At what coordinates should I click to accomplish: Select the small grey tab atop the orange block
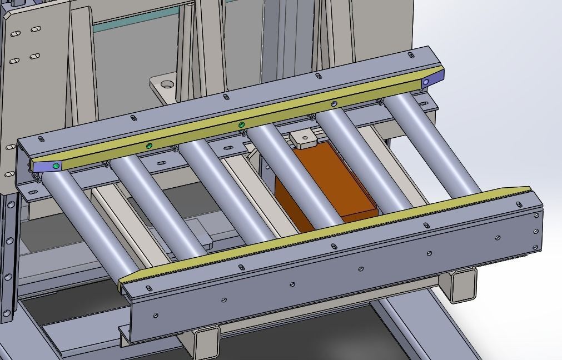coord(302,139)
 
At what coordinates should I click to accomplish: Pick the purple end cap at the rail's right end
coord(432,79)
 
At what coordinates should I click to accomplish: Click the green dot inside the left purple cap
coord(56,165)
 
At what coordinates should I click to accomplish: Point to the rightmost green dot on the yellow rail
coord(242,124)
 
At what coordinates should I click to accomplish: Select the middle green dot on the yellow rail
coord(149,146)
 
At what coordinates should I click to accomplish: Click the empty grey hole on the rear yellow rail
coord(334,103)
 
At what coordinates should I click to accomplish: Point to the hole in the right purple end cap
coord(426,82)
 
